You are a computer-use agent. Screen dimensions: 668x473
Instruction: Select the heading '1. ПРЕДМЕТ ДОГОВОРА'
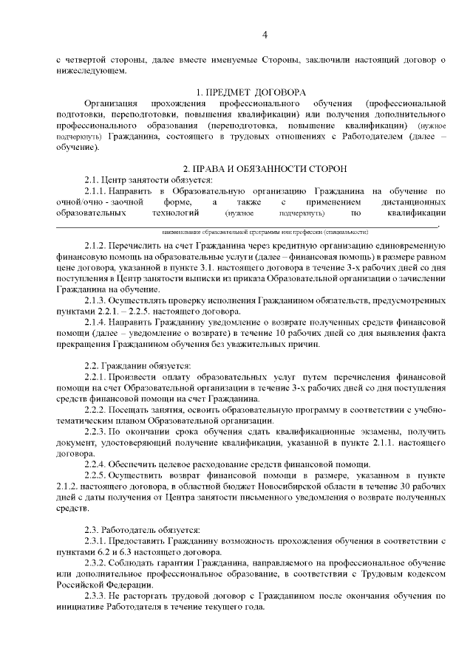(x=251, y=92)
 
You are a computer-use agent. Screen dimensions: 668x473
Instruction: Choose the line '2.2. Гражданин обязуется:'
(x=137, y=366)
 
